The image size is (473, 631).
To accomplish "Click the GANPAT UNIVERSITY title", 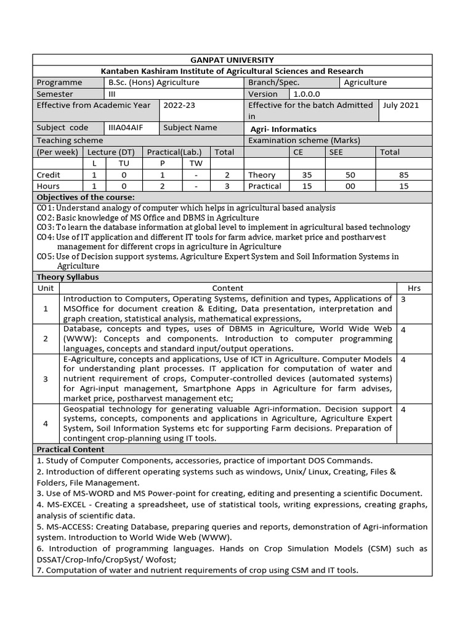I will (x=232, y=60).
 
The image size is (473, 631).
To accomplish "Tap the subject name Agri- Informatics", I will (x=283, y=129).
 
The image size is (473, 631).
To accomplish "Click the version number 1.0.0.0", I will (x=307, y=94).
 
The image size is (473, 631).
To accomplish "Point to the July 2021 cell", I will (x=400, y=105).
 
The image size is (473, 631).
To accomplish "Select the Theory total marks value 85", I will (x=403, y=175).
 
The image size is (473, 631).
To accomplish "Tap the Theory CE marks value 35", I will (x=297, y=175).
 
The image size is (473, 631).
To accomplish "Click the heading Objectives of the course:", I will (x=86, y=197).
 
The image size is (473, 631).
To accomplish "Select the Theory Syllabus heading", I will (x=68, y=277).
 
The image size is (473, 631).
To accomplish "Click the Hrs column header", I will (x=414, y=288).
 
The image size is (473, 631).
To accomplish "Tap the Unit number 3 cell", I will (x=46, y=379).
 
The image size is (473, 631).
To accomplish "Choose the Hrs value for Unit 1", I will (x=403, y=299).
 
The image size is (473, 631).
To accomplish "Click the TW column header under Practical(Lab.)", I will (x=196, y=163).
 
